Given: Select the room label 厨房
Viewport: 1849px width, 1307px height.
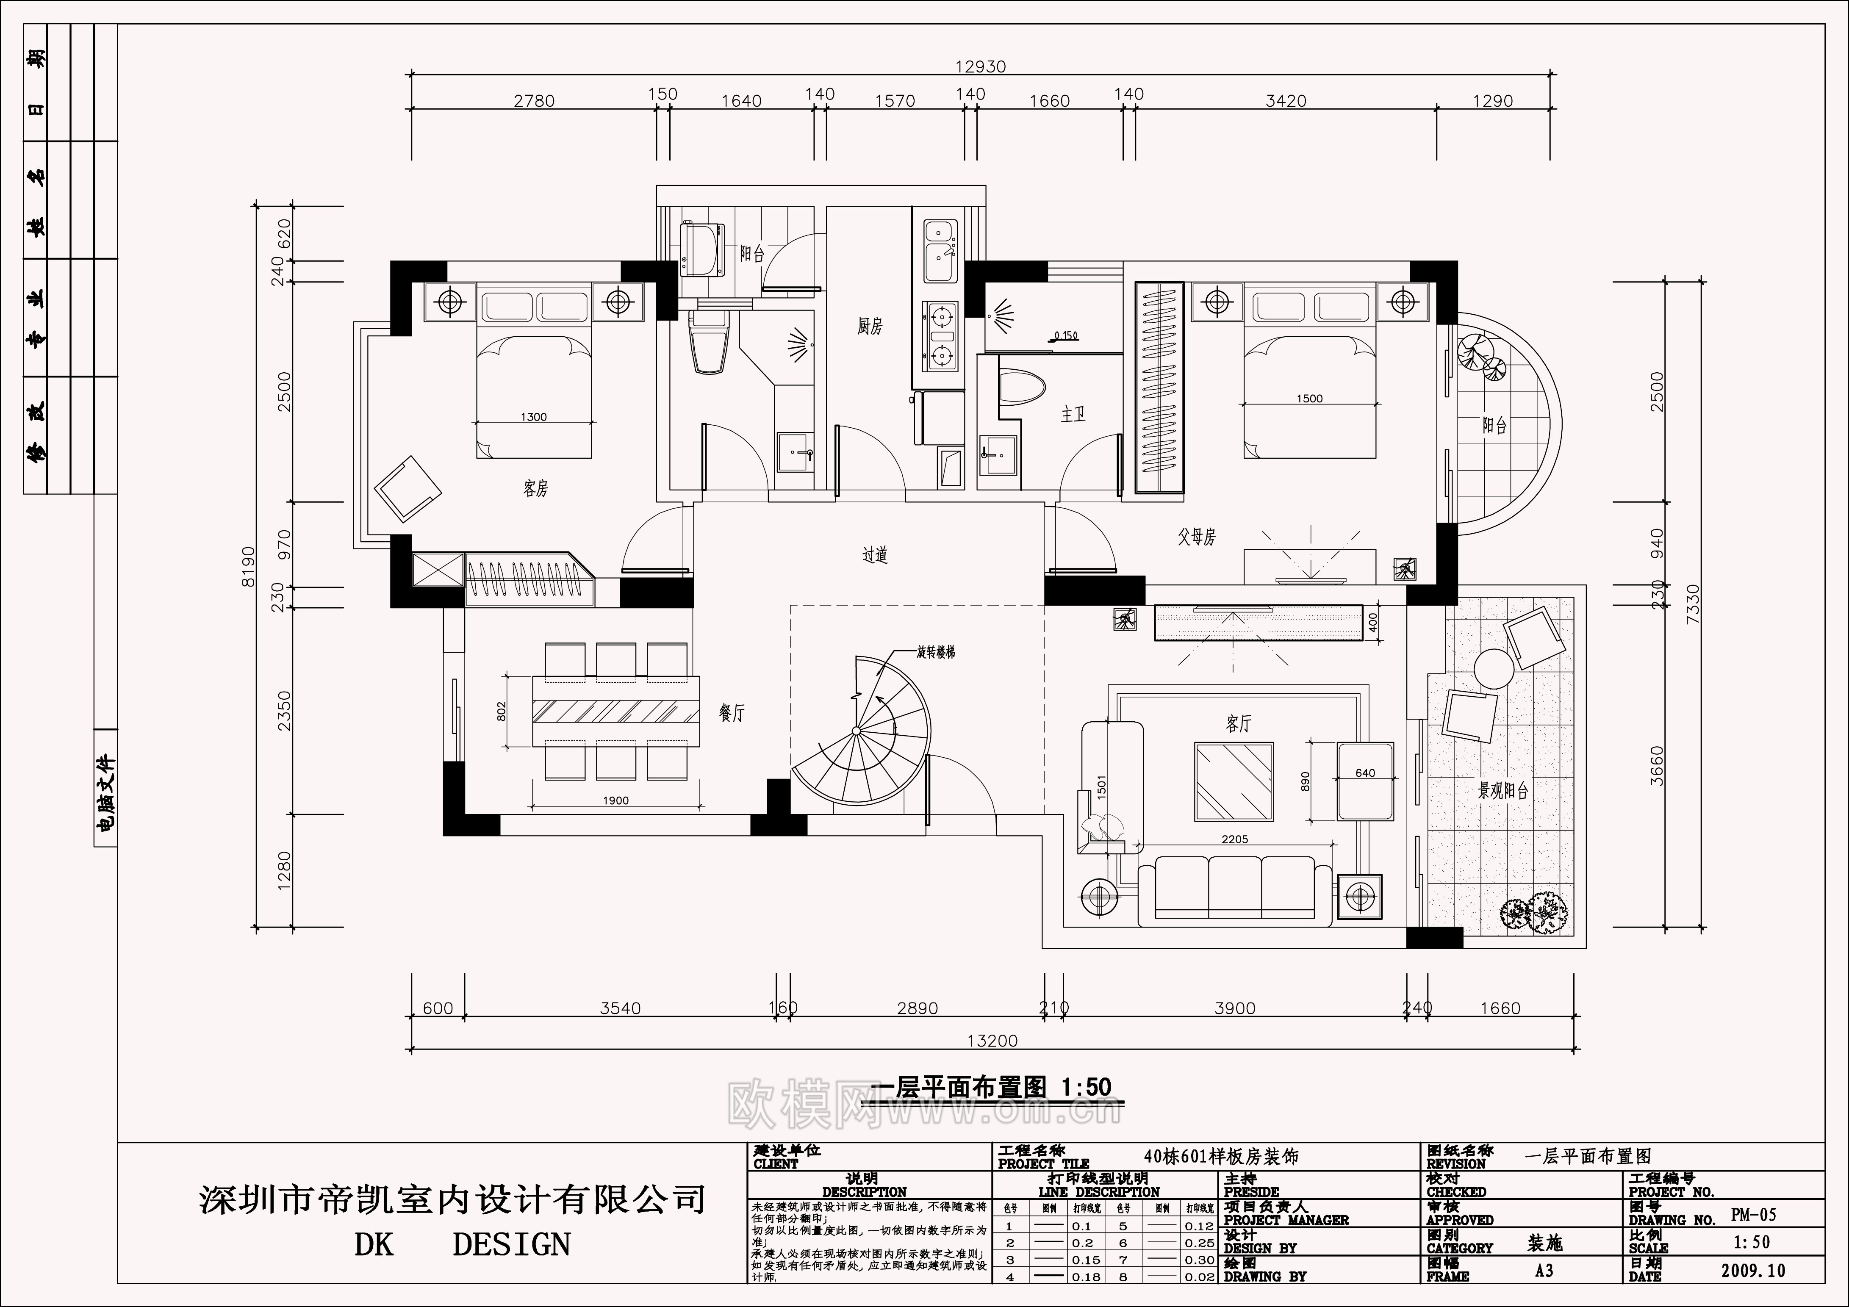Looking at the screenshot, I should coord(870,326).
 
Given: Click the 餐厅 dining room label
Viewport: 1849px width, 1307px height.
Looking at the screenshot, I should coord(732,713).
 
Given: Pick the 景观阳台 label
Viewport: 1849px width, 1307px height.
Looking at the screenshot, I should coord(1503,791).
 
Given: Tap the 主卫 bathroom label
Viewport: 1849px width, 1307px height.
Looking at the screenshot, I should coord(1073,415).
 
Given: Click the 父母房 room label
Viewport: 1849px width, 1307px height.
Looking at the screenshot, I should coord(1197,537).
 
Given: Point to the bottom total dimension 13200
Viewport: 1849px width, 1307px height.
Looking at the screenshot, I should coord(992,1041).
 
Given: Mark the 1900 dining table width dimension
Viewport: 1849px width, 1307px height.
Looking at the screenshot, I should coord(615,800).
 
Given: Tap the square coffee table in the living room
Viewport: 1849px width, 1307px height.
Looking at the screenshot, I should coord(1234,781).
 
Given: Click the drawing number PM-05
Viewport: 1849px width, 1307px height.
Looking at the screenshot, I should coord(1753,1215).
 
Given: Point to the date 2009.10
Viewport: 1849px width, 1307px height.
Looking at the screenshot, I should coord(1753,1271).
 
